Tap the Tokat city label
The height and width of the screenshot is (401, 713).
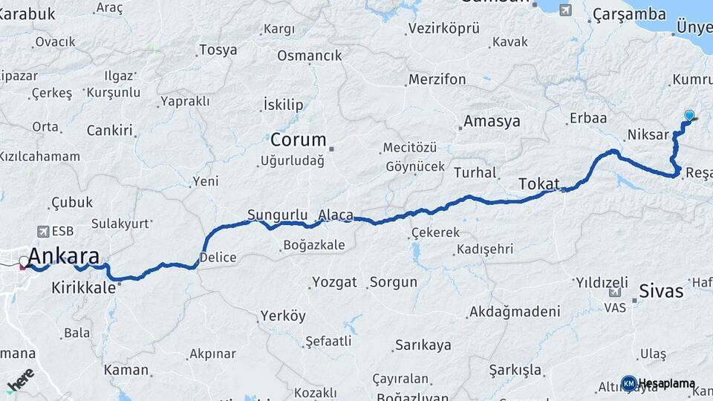(x=538, y=183)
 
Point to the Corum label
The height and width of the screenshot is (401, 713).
(x=298, y=140)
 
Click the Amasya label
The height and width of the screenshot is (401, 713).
(x=492, y=121)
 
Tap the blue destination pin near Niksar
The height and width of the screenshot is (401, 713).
(x=689, y=116)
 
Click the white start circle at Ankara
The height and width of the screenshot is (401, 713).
(x=25, y=261)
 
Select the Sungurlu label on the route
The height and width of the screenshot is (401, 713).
(x=277, y=215)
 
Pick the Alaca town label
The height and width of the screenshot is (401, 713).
(x=336, y=215)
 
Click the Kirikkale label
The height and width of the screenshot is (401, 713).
(x=83, y=287)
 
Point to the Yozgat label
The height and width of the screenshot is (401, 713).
(x=334, y=282)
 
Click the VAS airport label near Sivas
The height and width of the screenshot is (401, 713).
(x=614, y=307)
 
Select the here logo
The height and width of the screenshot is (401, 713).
(x=21, y=381)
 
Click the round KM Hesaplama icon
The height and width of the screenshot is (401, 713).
(x=628, y=383)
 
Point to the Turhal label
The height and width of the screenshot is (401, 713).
(x=475, y=172)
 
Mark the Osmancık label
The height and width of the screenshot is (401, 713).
(x=309, y=56)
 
